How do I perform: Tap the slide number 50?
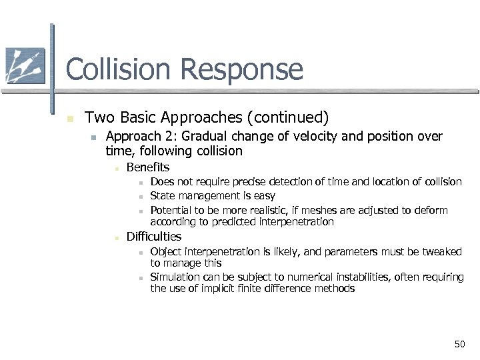459,344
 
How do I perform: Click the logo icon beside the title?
25,67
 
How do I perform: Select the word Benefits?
148,167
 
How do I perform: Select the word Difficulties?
154,237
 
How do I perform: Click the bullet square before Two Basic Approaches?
69,119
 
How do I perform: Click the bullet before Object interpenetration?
141,253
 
